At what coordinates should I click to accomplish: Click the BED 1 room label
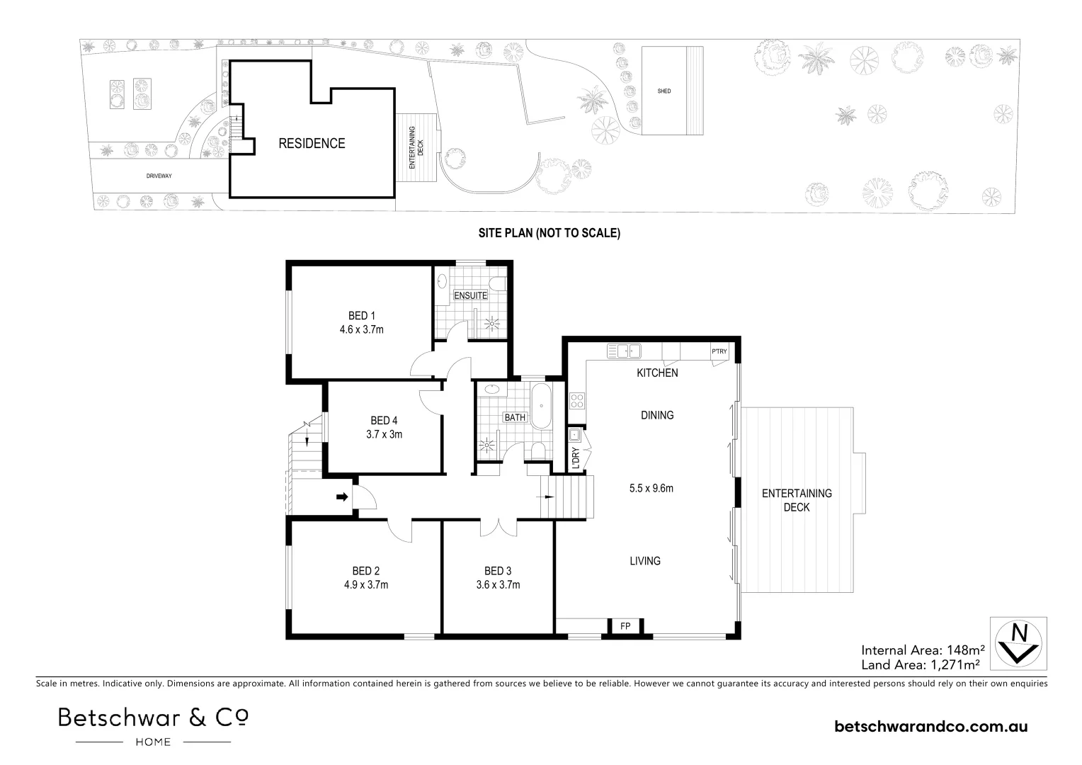361,316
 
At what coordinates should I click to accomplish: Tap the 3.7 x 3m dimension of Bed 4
384,434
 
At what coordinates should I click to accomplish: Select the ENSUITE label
470,295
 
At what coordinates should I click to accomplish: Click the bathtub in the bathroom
541,406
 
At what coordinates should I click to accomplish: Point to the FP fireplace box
625,626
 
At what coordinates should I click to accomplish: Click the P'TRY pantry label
719,351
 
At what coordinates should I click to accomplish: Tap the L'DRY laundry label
575,458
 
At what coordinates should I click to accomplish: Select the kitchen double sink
624,351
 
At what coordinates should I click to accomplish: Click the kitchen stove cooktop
577,401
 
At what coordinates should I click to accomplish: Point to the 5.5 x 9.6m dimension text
651,488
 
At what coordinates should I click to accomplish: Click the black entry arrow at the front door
343,497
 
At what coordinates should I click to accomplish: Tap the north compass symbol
1019,644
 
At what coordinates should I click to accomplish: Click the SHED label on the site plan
664,91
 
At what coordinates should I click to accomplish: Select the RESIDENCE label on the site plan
312,144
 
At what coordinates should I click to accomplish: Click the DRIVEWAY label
159,176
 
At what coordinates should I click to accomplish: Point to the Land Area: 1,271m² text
921,665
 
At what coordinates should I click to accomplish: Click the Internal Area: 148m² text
923,650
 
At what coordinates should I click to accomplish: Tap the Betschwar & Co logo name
154,718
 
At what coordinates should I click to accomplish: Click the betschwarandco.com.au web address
930,726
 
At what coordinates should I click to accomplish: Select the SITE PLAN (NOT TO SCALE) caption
549,233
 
